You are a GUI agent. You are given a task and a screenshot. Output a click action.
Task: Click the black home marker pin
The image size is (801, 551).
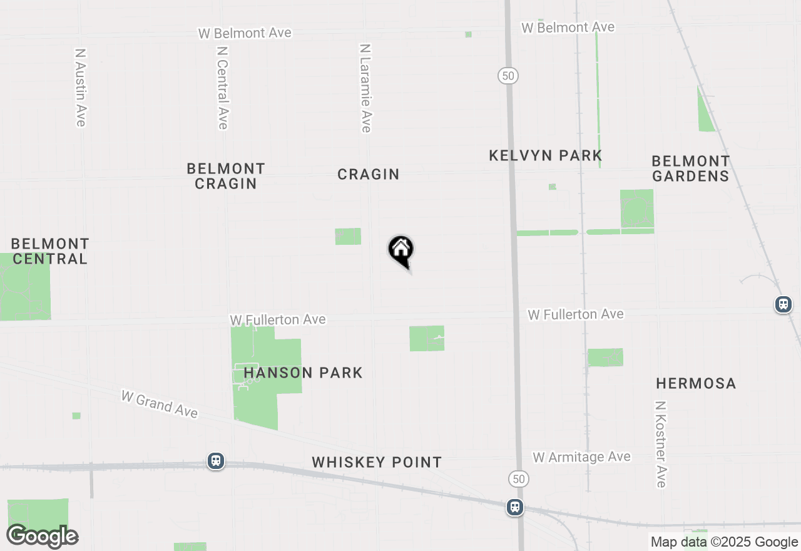[400, 250]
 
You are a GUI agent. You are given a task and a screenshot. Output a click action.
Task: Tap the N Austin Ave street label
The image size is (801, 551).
[80, 88]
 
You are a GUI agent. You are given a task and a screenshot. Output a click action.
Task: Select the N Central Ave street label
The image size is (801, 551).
[222, 87]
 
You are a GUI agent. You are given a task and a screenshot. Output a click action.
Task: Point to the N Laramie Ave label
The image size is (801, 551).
[366, 88]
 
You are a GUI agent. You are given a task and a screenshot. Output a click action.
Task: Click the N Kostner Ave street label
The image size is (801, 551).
[661, 444]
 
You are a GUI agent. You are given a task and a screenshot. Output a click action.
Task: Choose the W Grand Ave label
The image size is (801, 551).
[160, 404]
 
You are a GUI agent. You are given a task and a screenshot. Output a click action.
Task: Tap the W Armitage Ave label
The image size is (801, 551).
[581, 458]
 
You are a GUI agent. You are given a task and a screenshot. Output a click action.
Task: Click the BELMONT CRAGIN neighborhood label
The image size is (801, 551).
[226, 176]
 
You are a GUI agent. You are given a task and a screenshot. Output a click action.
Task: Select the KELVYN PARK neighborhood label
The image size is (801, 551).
[545, 155]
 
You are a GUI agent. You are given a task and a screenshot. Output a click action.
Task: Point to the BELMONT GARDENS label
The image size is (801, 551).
[691, 168]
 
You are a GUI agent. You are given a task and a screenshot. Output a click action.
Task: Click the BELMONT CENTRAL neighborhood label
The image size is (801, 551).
[50, 250]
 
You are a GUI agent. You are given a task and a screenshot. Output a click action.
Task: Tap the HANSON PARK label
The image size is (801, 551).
[304, 373]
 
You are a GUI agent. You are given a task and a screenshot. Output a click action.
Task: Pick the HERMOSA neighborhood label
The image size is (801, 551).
[696, 383]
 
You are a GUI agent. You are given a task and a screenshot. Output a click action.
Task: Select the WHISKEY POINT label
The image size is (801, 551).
[377, 462]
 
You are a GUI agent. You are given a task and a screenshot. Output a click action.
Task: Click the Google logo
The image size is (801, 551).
[43, 536]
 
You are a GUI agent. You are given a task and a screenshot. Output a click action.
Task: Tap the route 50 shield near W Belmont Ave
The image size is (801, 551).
[508, 76]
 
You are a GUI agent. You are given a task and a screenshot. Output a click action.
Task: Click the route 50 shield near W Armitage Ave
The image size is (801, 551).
[519, 480]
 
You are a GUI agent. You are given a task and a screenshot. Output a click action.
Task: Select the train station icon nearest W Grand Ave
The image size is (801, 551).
[216, 461]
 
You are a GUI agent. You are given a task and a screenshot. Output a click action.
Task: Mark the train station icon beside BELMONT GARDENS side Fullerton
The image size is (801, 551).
[783, 304]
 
